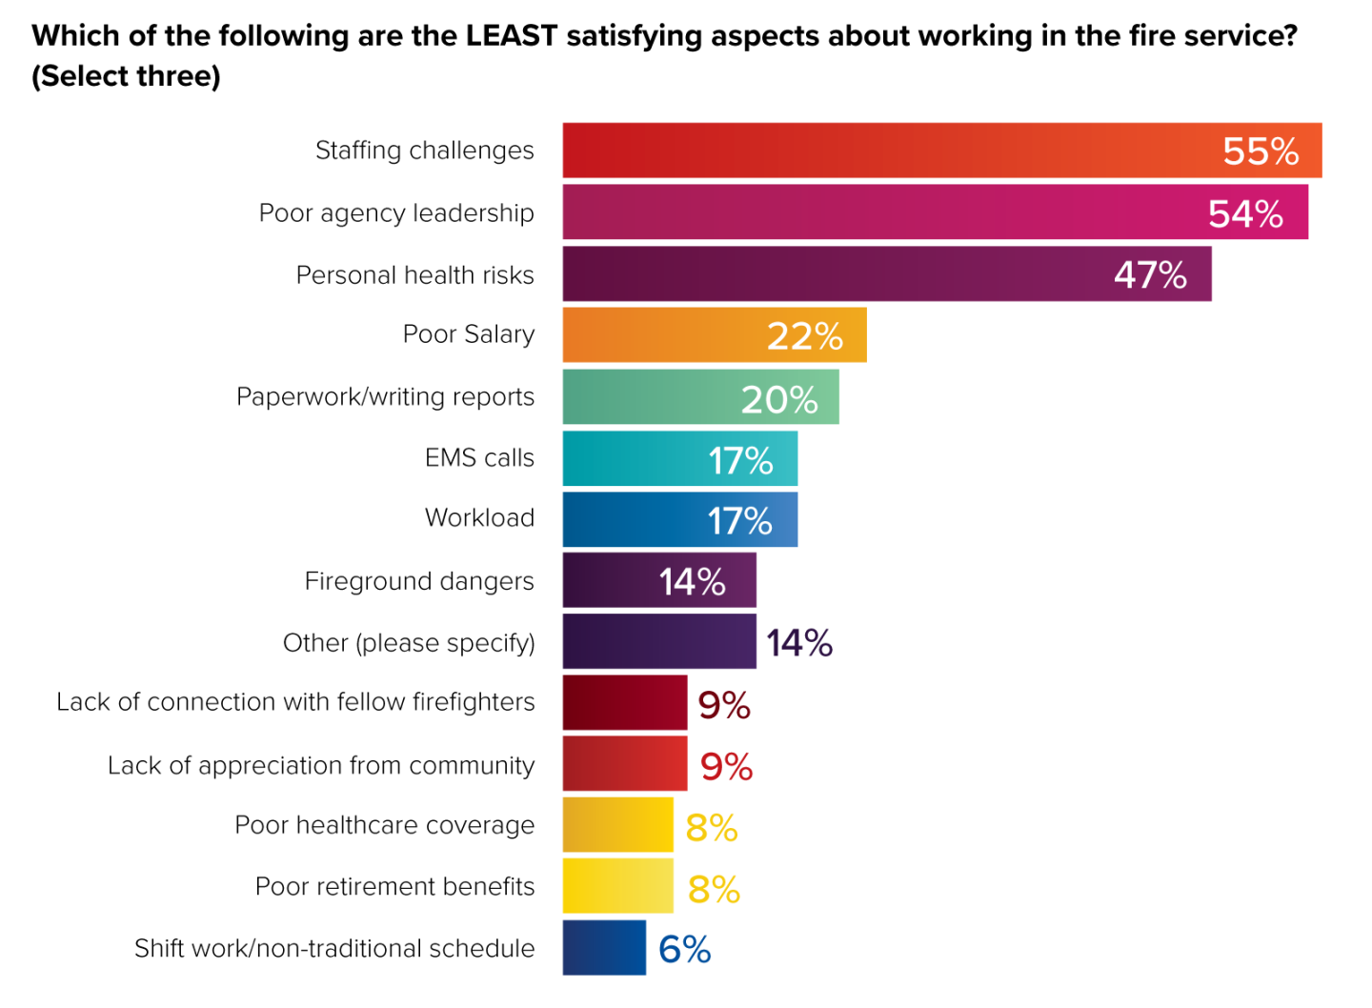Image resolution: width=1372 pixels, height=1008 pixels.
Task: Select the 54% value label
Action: pyautogui.click(x=1245, y=213)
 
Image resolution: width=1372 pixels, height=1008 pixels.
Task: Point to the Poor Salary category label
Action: pyautogui.click(x=468, y=334)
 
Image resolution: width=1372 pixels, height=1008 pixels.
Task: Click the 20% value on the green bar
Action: pyautogui.click(x=779, y=400)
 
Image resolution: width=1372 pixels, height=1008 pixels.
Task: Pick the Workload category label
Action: pyautogui.click(x=479, y=518)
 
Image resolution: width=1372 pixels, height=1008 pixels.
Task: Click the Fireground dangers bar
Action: pyautogui.click(x=610, y=580)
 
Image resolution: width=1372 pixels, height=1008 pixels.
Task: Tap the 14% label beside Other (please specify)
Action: pyautogui.click(x=799, y=643)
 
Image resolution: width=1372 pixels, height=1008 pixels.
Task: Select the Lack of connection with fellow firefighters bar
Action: pyautogui.click(x=624, y=703)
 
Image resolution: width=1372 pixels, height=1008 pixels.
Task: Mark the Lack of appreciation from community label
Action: pyautogui.click(x=321, y=766)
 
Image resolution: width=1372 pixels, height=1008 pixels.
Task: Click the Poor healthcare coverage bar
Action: pyautogui.click(x=617, y=825)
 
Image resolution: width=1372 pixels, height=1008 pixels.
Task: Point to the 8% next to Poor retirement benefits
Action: pyautogui.click(x=714, y=890)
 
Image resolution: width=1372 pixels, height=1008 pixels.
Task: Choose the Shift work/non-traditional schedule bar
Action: pyautogui.click(x=604, y=948)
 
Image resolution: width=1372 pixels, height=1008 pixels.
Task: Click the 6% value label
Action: pyautogui.click(x=685, y=950)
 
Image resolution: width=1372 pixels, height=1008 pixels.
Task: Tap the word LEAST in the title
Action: pyautogui.click(x=511, y=36)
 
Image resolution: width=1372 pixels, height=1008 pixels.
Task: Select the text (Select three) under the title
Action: pyautogui.click(x=126, y=76)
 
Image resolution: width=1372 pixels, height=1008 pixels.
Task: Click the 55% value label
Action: pyautogui.click(x=1261, y=151)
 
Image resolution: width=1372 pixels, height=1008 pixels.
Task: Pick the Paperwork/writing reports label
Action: pyautogui.click(x=385, y=397)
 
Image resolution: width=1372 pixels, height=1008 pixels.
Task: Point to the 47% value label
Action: pyautogui.click(x=1150, y=275)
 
